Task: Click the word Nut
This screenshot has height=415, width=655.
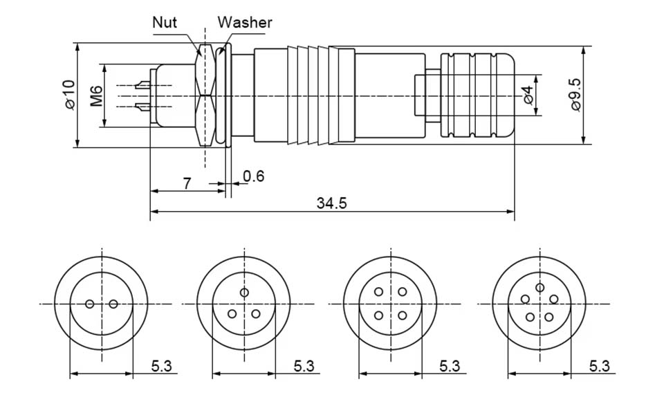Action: [x=165, y=22]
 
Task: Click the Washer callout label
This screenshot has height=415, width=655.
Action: [x=245, y=22]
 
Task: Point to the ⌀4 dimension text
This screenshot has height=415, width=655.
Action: [x=528, y=95]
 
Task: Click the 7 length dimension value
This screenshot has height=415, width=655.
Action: [x=187, y=183]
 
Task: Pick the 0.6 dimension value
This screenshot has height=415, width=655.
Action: [x=254, y=176]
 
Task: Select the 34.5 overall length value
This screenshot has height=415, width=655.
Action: [x=331, y=203]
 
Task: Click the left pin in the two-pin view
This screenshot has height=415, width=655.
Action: [x=89, y=304]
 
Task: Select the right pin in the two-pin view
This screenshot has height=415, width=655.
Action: [x=114, y=304]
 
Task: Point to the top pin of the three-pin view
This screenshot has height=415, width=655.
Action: [x=244, y=293]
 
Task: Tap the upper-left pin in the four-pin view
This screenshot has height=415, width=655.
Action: [x=378, y=292]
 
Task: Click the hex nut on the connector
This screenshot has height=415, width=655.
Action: [x=205, y=95]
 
